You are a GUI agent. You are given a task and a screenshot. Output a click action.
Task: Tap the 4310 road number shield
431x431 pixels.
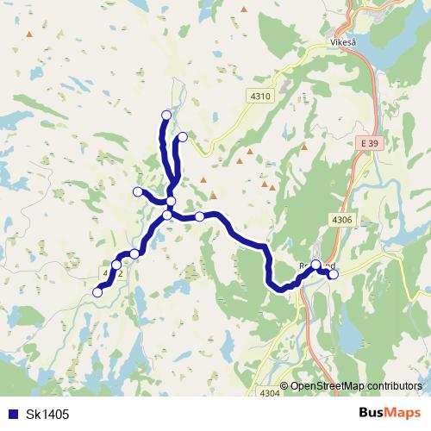pos(263,97)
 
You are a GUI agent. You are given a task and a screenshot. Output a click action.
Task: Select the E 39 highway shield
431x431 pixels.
pos(369,142)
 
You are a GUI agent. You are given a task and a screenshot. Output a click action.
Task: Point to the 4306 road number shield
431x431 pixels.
pos(342,220)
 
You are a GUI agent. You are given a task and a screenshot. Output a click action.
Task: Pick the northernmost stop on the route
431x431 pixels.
pos(166,115)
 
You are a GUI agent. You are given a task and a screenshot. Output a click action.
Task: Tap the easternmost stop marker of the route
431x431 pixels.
pos(334,275)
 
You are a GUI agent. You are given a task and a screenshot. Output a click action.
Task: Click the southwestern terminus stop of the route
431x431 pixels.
pos(97,293)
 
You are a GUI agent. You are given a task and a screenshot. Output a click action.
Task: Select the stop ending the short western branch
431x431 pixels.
pos(137,191)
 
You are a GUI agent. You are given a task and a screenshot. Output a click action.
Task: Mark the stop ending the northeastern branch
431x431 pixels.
pos(183,136)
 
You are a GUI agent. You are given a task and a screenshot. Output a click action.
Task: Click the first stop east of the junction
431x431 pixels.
pos(199,216)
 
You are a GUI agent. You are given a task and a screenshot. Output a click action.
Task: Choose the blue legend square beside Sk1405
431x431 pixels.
pos(11,414)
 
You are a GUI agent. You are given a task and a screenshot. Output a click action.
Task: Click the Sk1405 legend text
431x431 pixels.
pos(47,414)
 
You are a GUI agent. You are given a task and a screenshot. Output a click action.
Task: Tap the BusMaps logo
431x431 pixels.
pos(389,413)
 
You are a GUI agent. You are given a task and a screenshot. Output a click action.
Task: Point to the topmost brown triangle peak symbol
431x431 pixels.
pos(244,11)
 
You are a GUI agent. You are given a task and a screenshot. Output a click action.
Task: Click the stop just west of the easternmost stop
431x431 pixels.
pos(316,265)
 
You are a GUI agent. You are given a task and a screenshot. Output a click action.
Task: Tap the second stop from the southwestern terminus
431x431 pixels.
pos(116,265)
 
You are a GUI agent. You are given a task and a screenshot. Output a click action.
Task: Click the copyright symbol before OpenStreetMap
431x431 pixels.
pos(284,385)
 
